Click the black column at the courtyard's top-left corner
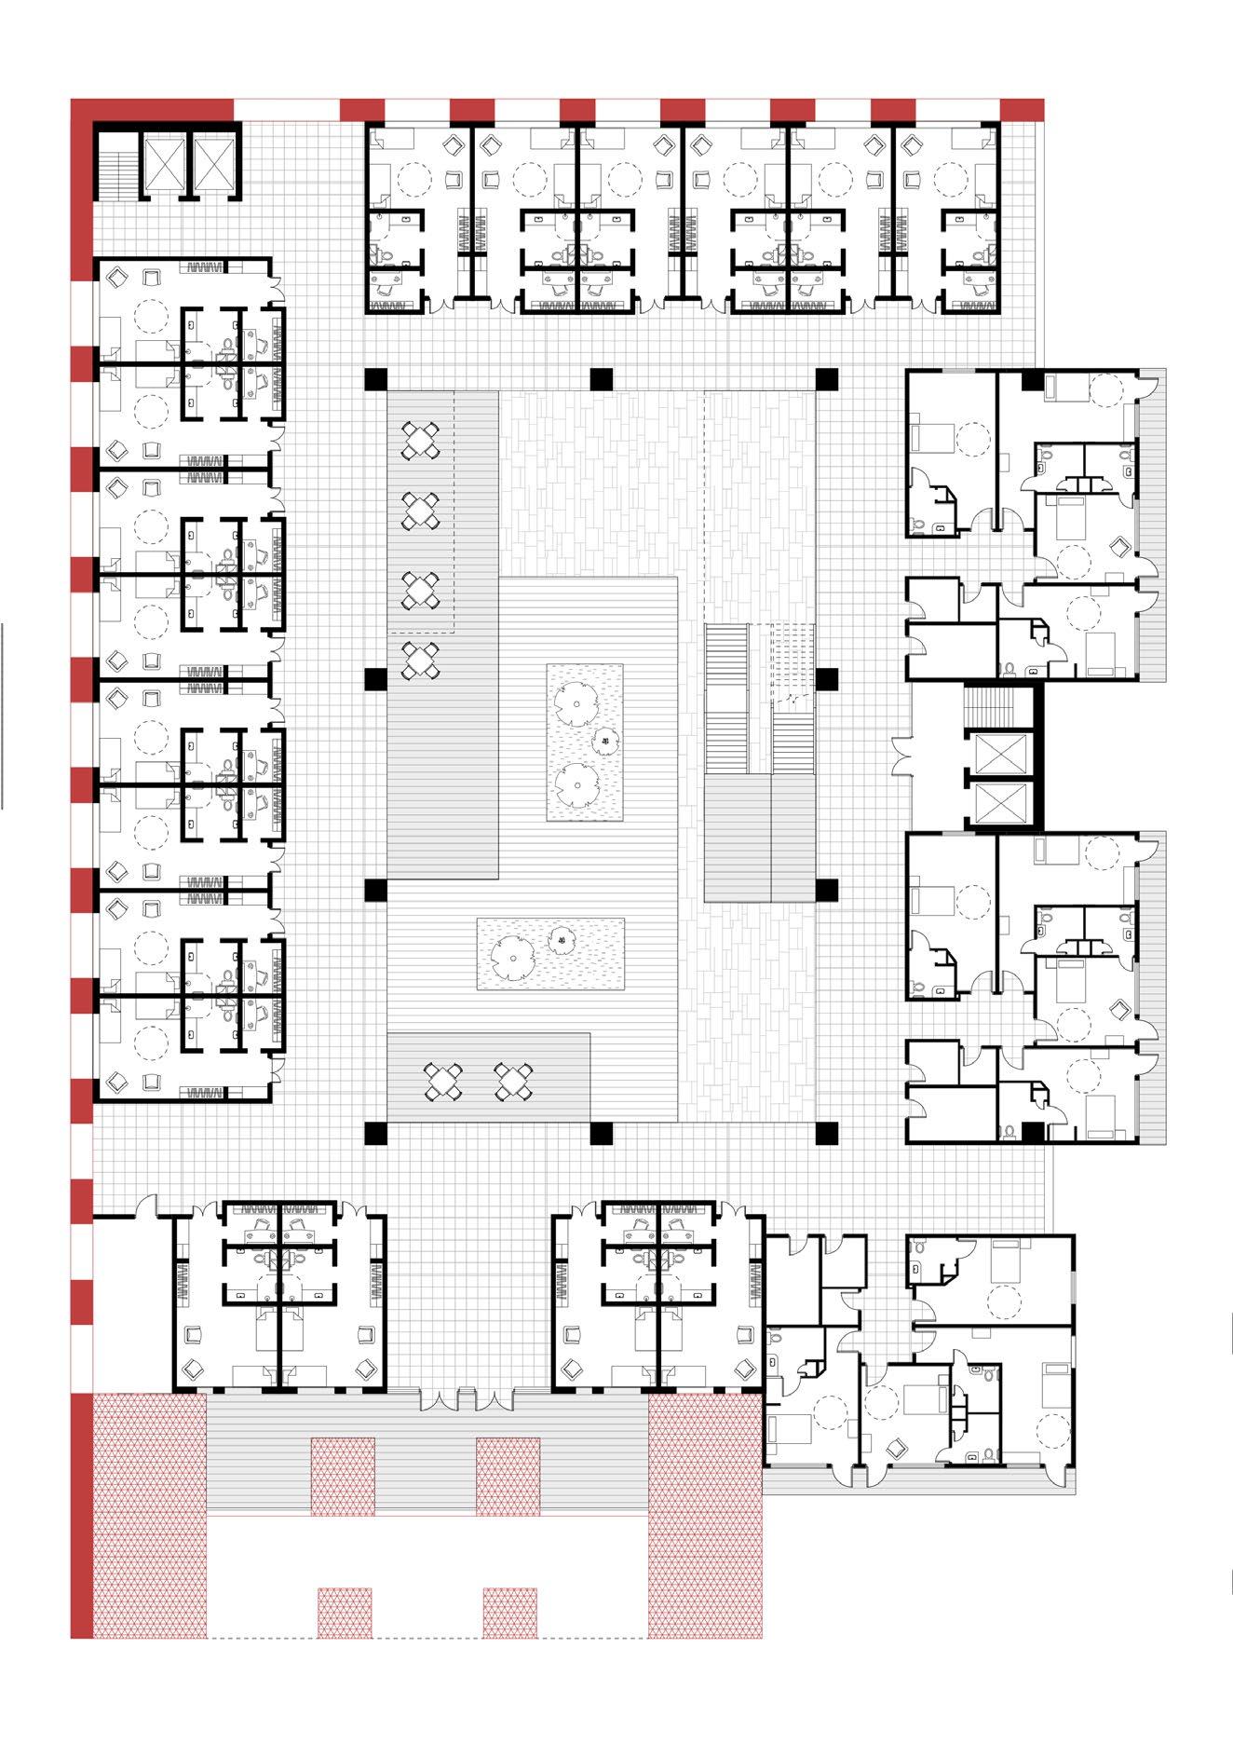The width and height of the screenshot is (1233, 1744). (375, 380)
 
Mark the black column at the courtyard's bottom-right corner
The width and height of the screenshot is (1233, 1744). (826, 1133)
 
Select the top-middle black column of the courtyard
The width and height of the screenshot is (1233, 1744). (601, 380)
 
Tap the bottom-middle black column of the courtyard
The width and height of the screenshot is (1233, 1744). (601, 1133)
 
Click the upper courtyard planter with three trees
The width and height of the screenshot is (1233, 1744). (584, 743)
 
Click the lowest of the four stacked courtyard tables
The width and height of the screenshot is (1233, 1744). (421, 660)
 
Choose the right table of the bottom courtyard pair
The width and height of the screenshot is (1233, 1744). (513, 1081)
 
